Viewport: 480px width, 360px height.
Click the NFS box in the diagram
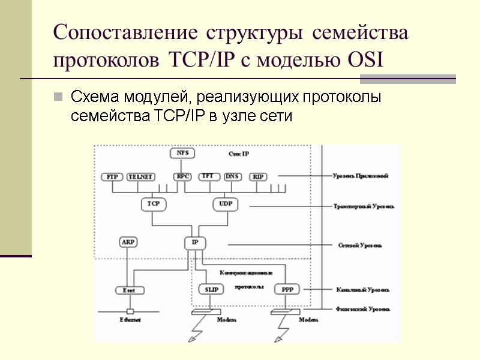[182, 153]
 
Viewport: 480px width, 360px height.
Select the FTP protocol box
[112, 177]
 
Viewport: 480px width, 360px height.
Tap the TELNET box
[141, 177]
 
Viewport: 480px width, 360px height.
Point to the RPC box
[182, 177]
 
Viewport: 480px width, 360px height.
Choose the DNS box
[232, 176]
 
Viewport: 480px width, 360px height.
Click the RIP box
[259, 177]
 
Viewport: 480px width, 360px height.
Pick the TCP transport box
[152, 205]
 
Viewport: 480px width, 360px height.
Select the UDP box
[225, 205]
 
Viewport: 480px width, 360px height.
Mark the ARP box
[128, 242]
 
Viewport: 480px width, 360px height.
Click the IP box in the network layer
[194, 242]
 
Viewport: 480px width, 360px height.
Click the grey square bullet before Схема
[58, 97]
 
